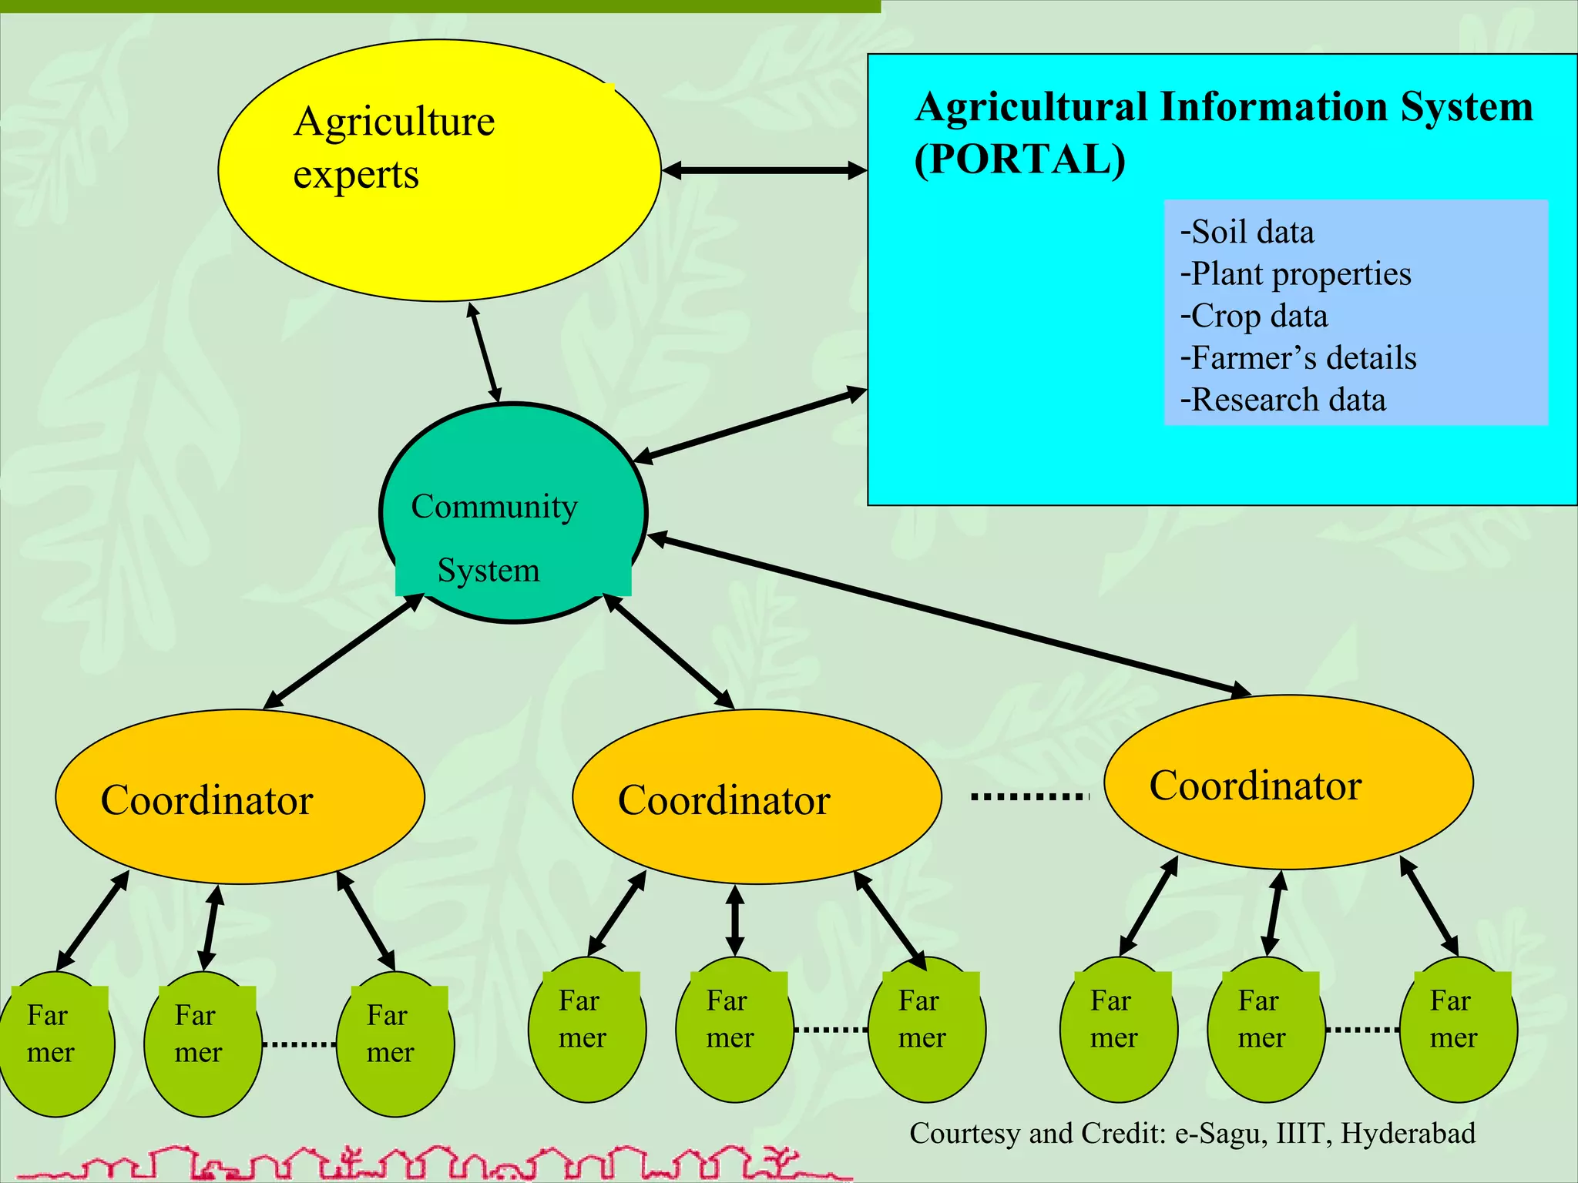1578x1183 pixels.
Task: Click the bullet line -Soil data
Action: pyautogui.click(x=1247, y=232)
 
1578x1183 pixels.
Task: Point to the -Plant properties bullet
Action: pyautogui.click(x=1296, y=274)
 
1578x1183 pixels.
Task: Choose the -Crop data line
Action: pyautogui.click(x=1254, y=316)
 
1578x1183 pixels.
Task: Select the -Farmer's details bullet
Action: pyautogui.click(x=1299, y=358)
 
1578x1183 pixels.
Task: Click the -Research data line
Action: pyautogui.click(x=1284, y=400)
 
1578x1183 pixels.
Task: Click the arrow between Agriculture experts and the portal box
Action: pyautogui.click(x=764, y=170)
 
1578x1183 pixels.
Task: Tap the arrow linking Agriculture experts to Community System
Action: pyautogui.click(x=485, y=353)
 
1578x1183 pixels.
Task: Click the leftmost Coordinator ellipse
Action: pyautogui.click(x=240, y=797)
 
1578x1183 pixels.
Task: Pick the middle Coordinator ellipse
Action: pyautogui.click(x=757, y=797)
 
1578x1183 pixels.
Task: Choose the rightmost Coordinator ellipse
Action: pyautogui.click(x=1288, y=783)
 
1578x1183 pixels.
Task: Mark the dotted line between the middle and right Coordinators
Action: pyautogui.click(x=1029, y=796)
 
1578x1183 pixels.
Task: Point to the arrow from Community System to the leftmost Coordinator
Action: pyautogui.click(x=344, y=651)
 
